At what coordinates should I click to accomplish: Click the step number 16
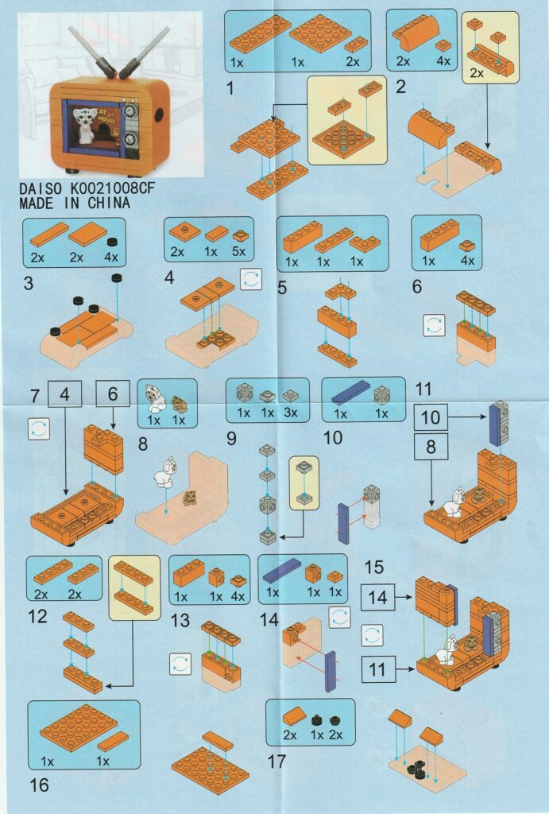[x=39, y=785]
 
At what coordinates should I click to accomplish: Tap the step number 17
[x=276, y=762]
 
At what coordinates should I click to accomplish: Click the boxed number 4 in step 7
[x=64, y=394]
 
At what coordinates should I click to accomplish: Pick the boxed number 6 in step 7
[x=113, y=394]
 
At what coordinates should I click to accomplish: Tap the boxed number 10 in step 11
[x=430, y=417]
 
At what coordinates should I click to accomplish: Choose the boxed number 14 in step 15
[x=377, y=597]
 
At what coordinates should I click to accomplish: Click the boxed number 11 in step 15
[x=377, y=669]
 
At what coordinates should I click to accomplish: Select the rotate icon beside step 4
[x=251, y=279]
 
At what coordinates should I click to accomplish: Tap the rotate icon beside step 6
[x=434, y=325]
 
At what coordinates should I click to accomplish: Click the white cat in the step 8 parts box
[x=155, y=399]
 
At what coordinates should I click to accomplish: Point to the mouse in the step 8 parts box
[x=179, y=405]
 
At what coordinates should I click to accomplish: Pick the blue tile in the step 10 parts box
[x=351, y=393]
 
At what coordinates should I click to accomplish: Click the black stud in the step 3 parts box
[x=111, y=242]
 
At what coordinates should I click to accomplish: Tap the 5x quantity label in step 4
[x=238, y=252]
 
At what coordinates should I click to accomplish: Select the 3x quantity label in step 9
[x=291, y=413]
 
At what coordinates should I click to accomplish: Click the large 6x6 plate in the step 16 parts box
[x=79, y=728]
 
